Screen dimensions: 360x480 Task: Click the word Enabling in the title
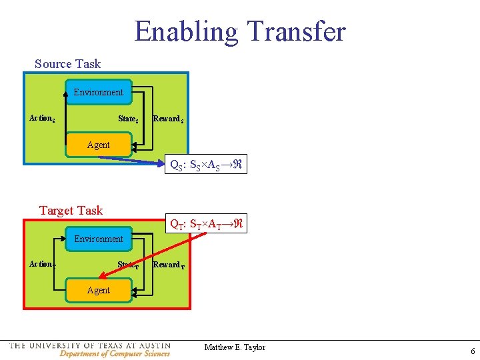[186, 31]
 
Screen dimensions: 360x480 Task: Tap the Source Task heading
[67, 64]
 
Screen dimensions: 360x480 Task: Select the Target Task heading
[71, 211]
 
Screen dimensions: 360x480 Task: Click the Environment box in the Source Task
[98, 93]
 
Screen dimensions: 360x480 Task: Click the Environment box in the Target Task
[99, 239]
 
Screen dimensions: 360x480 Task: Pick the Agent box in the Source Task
[99, 145]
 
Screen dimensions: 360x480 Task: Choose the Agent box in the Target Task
[99, 291]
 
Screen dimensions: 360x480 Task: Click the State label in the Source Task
[128, 119]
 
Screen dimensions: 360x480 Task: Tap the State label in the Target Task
[128, 265]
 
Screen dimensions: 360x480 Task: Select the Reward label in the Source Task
[168, 119]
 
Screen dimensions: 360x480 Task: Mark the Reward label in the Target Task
[168, 265]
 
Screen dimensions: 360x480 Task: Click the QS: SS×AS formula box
[207, 164]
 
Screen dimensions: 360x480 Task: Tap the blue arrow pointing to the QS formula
[147, 159]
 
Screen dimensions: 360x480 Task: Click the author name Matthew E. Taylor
[235, 347]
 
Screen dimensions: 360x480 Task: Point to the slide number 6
[473, 351]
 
